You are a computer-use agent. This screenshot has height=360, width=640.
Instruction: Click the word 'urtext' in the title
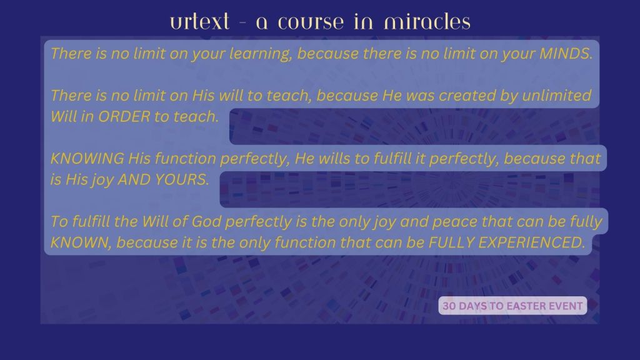(x=199, y=22)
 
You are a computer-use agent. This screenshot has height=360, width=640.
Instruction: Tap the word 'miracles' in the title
(x=427, y=22)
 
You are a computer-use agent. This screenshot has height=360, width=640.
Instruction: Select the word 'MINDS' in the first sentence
(x=564, y=54)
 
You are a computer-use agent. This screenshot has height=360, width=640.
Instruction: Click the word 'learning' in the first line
(x=259, y=54)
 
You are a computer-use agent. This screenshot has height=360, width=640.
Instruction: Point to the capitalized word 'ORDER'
(x=124, y=117)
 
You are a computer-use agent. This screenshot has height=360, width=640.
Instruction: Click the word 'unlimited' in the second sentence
(x=556, y=96)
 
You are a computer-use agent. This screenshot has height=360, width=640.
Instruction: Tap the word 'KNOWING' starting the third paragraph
(x=87, y=158)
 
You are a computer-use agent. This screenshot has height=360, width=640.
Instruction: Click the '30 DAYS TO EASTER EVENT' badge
(x=512, y=306)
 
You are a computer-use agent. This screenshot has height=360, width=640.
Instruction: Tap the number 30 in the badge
(x=449, y=306)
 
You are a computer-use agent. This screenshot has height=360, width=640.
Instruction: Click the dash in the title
(x=243, y=22)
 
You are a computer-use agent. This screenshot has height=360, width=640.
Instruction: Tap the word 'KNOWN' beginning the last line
(x=79, y=243)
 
